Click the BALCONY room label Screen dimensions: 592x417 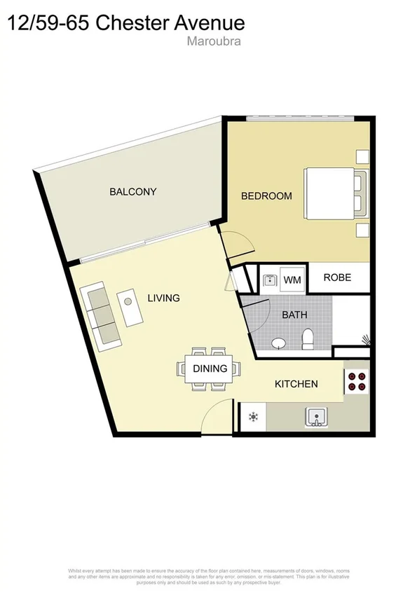pyautogui.click(x=132, y=192)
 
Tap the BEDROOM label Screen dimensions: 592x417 pyautogui.click(x=266, y=196)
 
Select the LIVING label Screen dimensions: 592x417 pyautogui.click(x=163, y=298)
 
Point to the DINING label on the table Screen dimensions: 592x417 pyautogui.click(x=210, y=369)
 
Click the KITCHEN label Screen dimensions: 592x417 pyautogui.click(x=296, y=384)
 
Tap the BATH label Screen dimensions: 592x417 pyautogui.click(x=294, y=315)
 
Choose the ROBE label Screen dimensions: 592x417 pyautogui.click(x=337, y=277)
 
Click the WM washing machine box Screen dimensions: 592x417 pyautogui.click(x=292, y=280)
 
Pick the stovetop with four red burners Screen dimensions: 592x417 pyautogui.click(x=356, y=381)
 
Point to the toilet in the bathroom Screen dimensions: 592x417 pyautogui.click(x=307, y=340)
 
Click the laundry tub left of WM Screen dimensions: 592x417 pyautogui.click(x=270, y=280)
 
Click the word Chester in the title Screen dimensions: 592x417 pyautogui.click(x=130, y=22)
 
